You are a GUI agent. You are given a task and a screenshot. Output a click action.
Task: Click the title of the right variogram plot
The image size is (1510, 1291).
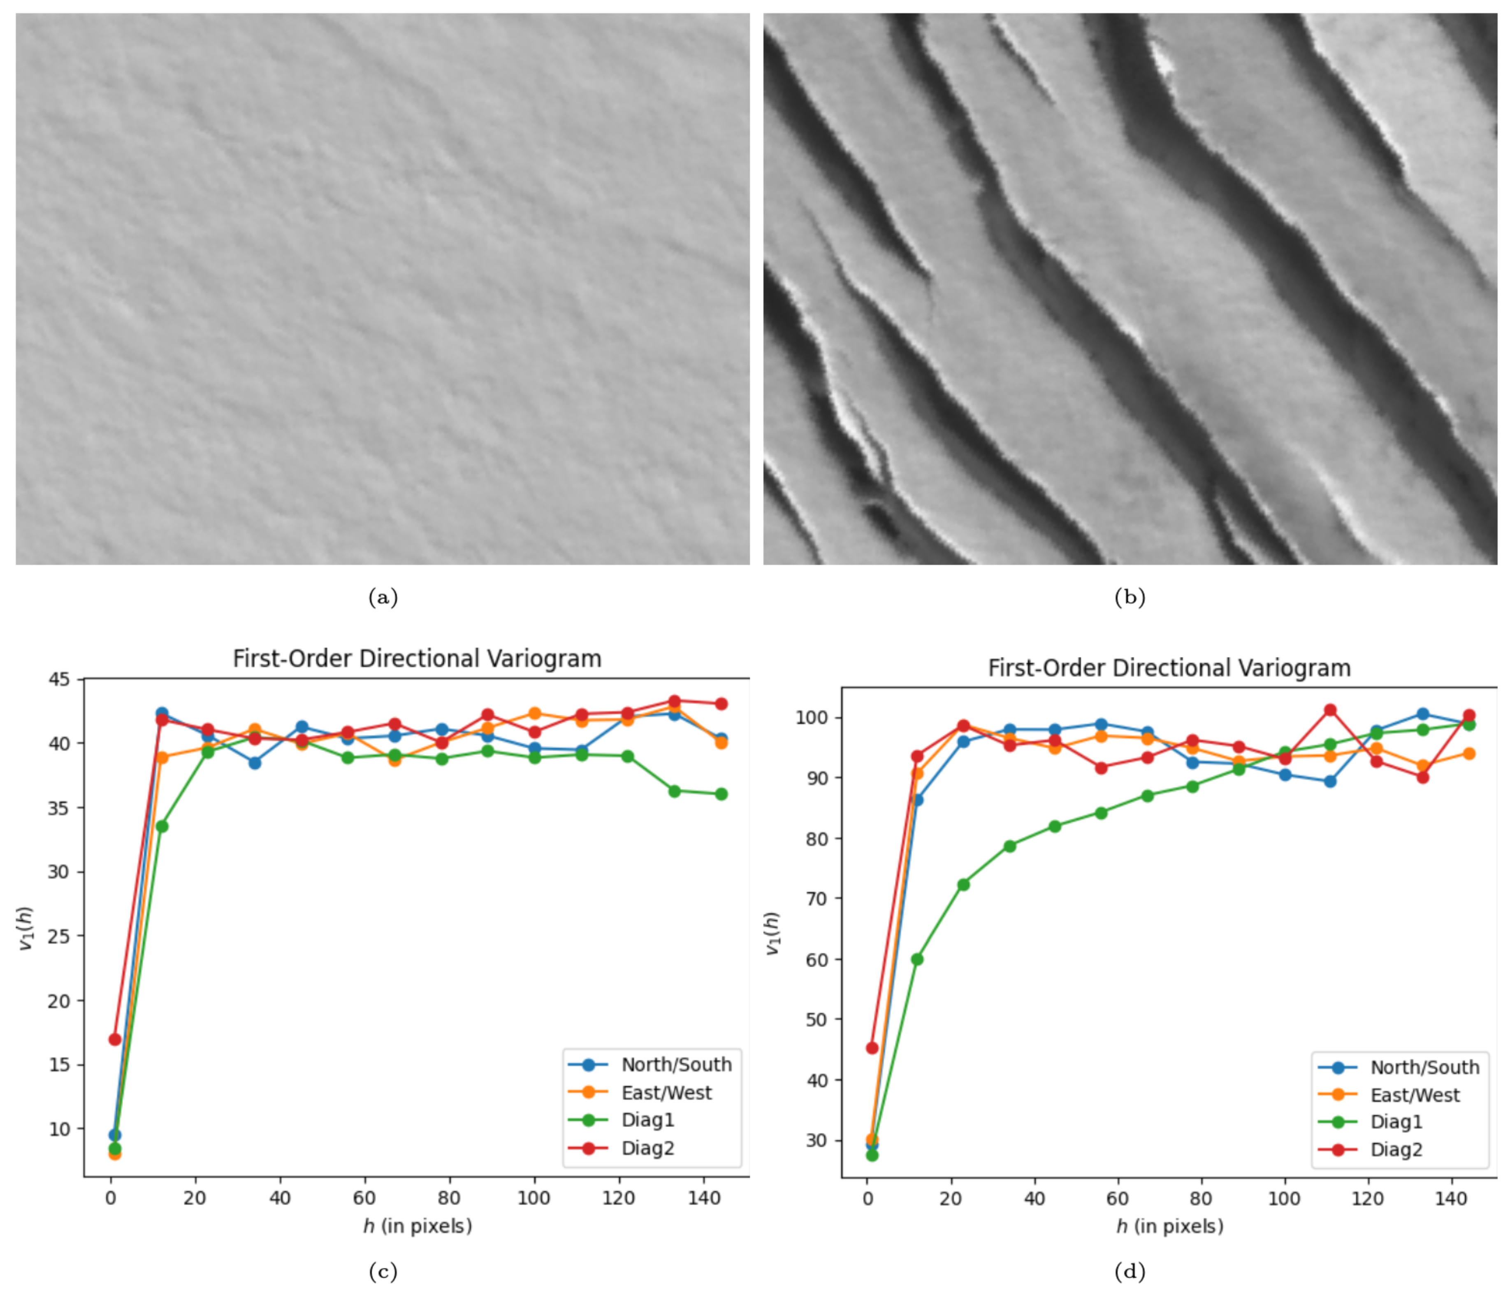(x=1169, y=668)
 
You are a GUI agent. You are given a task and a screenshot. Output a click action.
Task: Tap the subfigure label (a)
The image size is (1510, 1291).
(x=383, y=598)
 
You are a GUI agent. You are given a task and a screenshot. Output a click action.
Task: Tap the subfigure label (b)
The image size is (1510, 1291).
(x=1130, y=598)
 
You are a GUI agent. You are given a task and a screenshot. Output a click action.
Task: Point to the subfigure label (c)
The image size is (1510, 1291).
(x=383, y=1272)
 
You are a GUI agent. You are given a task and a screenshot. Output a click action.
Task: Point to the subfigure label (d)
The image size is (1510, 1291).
(x=1130, y=1272)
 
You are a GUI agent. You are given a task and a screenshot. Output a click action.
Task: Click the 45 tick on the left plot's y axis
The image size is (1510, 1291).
(x=59, y=679)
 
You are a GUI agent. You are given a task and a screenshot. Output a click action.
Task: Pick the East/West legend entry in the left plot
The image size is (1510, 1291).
(x=666, y=1093)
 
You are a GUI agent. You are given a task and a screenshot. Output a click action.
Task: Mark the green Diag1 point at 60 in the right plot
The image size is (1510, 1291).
(x=917, y=959)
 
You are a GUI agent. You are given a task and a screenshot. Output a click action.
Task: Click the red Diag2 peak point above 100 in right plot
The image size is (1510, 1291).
(x=1330, y=710)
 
